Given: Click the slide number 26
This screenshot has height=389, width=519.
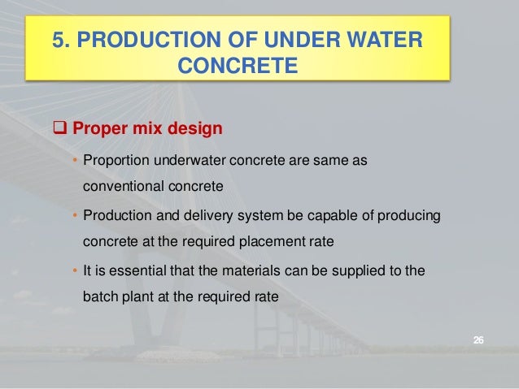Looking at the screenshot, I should [478, 339].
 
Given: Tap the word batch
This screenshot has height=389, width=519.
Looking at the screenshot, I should [100, 296].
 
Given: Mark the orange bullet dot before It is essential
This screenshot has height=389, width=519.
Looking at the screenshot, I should [76, 270].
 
